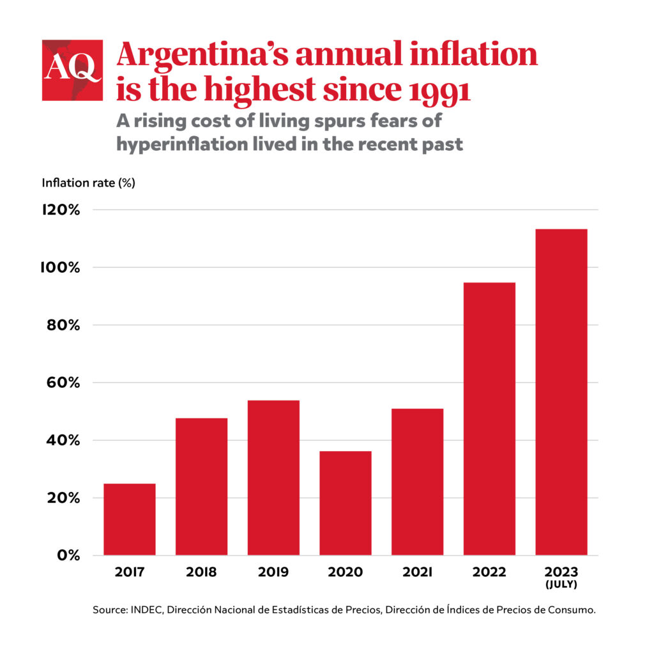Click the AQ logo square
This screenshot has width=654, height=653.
pyautogui.click(x=72, y=70)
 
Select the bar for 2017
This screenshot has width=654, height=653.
pyautogui.click(x=130, y=519)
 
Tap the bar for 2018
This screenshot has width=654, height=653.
pyautogui.click(x=201, y=486)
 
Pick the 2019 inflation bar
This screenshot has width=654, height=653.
pyautogui.click(x=273, y=477)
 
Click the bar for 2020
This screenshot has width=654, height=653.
pyautogui.click(x=345, y=503)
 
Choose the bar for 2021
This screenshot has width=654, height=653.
pyautogui.click(x=417, y=482)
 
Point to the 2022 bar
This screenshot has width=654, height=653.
pyautogui.click(x=489, y=419)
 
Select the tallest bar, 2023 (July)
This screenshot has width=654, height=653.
pyautogui.click(x=561, y=392)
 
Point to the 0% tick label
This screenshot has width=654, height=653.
pyautogui.click(x=66, y=555)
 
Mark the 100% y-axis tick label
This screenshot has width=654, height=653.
pyautogui.click(x=59, y=268)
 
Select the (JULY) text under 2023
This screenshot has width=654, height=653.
pyautogui.click(x=561, y=584)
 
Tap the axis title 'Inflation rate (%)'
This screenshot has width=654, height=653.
pyautogui.click(x=89, y=183)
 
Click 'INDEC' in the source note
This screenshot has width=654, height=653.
pyautogui.click(x=146, y=610)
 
